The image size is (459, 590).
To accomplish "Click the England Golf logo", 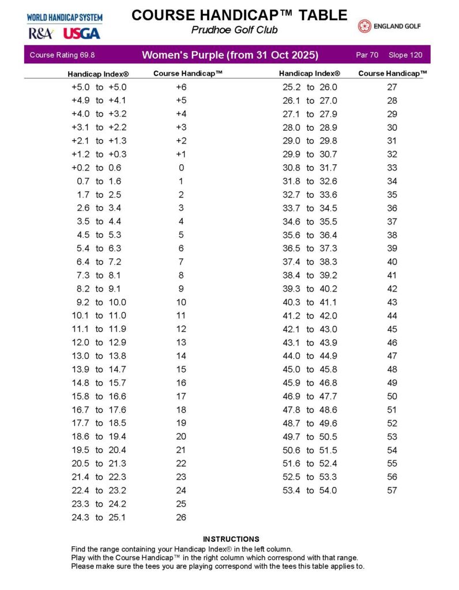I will tap(389, 26).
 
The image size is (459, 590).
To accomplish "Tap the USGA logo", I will tap(81, 33).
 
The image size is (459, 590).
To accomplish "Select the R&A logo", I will tap(40, 33).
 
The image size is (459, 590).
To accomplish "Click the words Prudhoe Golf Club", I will tap(234, 30).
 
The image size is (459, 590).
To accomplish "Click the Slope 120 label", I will tap(405, 55).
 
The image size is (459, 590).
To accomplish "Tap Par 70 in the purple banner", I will tap(367, 55).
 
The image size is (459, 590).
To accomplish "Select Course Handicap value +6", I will tap(181, 88).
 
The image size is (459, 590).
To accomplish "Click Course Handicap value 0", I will tap(181, 168).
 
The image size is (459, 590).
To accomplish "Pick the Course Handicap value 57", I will tap(392, 491).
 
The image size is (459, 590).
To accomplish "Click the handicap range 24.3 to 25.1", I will tap(99, 517).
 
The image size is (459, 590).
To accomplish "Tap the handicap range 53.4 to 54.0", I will tap(310, 491).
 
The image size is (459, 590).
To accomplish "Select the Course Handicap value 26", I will tap(181, 517).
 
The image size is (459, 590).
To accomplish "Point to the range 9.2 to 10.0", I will tap(99, 302).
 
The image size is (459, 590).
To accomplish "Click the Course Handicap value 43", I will tap(392, 302).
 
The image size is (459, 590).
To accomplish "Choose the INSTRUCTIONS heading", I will tap(231, 539).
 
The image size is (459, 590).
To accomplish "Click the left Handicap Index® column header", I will tap(98, 74).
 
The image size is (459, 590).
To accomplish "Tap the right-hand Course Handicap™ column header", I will tap(393, 74).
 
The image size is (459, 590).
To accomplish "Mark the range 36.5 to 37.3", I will tap(310, 249).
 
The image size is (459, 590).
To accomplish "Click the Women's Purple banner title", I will tap(230, 55).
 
